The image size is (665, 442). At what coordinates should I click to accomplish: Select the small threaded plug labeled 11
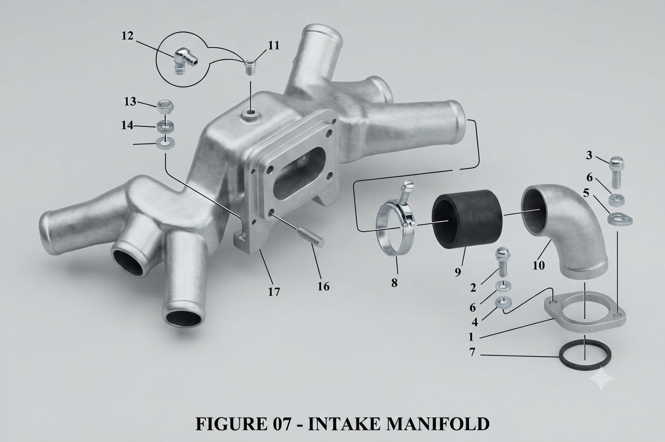pos(251,68)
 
